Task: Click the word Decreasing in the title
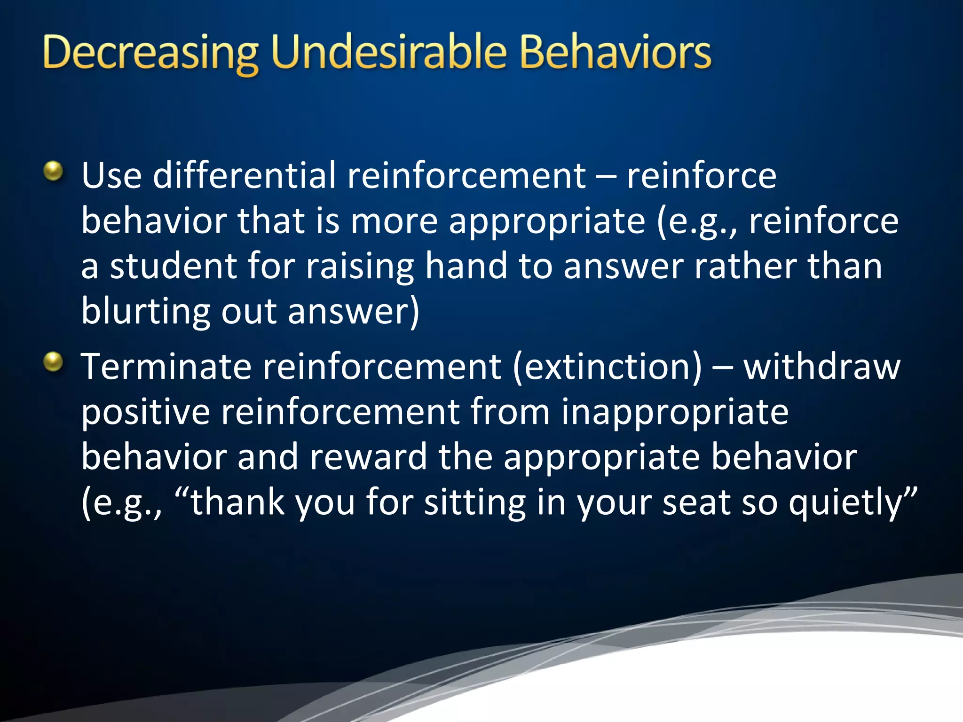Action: pyautogui.click(x=150, y=53)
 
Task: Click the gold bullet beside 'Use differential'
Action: pyautogui.click(x=53, y=171)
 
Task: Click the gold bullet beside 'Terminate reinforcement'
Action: pyautogui.click(x=53, y=362)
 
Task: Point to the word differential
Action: pyautogui.click(x=245, y=175)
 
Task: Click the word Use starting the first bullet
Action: pyautogui.click(x=111, y=175)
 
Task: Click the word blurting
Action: pyautogui.click(x=145, y=312)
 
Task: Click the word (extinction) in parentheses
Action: pyautogui.click(x=607, y=367)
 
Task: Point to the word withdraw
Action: pyautogui.click(x=821, y=367)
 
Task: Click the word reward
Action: pyautogui.click(x=368, y=457)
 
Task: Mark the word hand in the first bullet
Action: pyautogui.click(x=466, y=266)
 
